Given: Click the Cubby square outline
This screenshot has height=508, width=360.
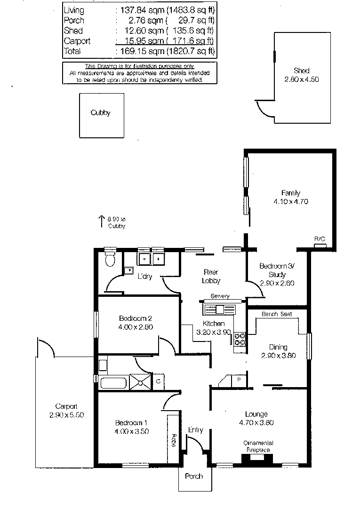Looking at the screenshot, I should coord(101,115).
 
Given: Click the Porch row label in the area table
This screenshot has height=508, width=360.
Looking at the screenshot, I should coord(74,20).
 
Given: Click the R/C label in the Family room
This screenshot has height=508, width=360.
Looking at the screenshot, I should coord(320,239).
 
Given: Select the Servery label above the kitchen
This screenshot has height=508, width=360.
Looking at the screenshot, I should coord(220,296).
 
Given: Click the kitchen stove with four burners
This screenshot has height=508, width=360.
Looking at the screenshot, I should coord(240,339).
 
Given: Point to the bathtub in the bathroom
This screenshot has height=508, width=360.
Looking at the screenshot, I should coord(114,382).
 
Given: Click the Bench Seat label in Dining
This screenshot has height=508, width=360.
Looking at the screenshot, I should coord(276,314).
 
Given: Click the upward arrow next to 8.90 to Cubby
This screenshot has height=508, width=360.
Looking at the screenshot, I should coord(101,221).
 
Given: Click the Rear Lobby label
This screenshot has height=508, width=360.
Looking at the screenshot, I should coord(212,276).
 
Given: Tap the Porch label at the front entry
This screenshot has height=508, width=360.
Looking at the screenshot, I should coord(194,476).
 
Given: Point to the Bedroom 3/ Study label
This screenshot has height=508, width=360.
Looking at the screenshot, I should coord(277,270).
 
